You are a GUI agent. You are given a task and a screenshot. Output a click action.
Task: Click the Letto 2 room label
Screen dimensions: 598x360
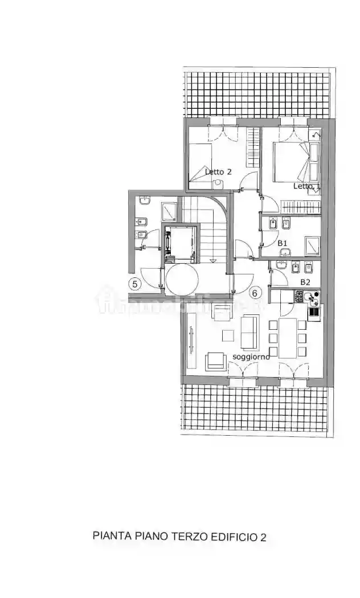218,171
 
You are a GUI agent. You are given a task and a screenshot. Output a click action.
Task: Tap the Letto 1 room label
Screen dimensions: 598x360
306,186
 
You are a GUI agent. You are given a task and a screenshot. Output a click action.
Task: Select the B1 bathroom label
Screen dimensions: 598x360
283,243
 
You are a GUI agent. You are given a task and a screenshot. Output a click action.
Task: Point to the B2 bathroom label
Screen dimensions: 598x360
305,282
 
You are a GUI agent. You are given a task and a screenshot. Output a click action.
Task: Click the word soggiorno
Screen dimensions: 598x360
251,357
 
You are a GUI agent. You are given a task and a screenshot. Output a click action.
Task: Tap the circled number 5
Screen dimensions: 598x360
136,284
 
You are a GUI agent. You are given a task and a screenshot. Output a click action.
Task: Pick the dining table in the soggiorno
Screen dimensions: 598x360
288,338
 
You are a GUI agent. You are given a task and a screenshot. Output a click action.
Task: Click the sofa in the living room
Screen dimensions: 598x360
249,332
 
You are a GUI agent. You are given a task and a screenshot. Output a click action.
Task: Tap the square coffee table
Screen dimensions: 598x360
228,335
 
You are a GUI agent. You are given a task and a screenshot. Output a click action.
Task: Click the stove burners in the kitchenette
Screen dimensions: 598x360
298,296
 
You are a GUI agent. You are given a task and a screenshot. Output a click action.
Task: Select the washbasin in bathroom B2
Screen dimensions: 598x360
281,265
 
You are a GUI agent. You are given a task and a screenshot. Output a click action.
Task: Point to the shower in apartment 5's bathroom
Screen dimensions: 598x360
169,212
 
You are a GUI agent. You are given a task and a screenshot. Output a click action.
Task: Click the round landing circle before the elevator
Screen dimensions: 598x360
182,278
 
